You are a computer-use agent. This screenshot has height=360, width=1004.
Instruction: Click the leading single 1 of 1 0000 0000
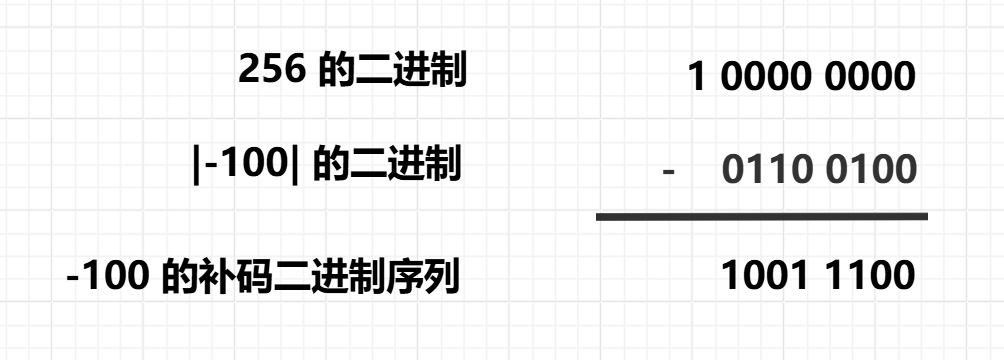(x=698, y=77)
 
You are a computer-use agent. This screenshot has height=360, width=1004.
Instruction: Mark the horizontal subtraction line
(x=761, y=216)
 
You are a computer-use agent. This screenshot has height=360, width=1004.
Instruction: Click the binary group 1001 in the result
(x=767, y=275)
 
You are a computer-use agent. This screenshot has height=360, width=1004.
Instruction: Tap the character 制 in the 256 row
(x=450, y=71)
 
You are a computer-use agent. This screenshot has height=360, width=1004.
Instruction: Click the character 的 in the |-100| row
(x=329, y=164)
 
